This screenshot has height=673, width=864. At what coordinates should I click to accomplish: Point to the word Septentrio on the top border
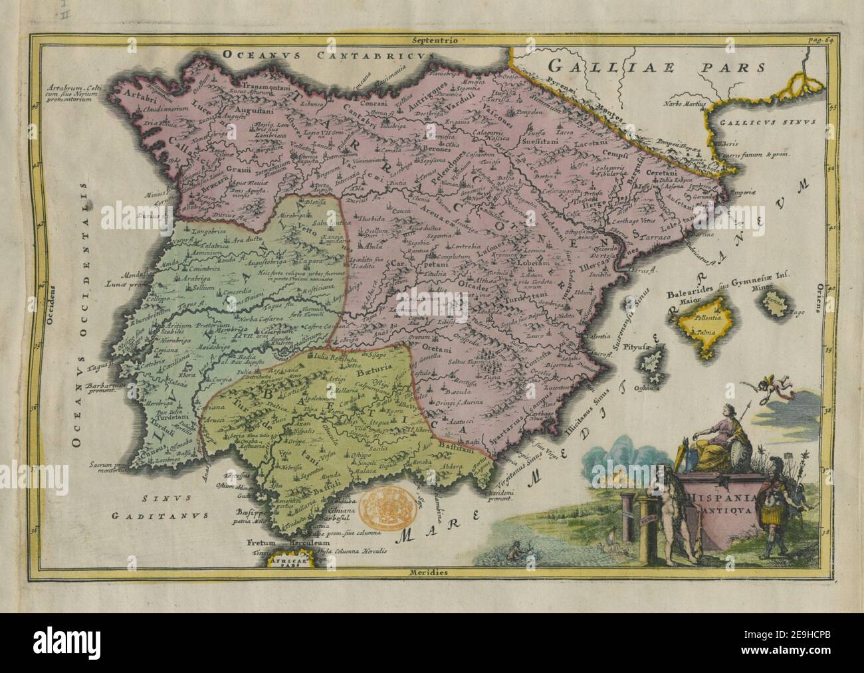[x=432, y=41]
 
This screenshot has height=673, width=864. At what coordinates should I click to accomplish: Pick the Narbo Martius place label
[x=682, y=104]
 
